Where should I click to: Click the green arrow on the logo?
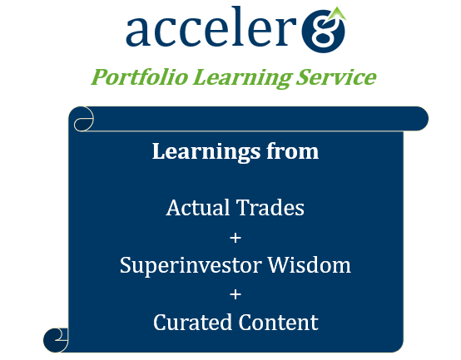click(337, 14)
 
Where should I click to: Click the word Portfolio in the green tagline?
click(139, 77)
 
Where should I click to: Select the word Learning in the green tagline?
click(242, 78)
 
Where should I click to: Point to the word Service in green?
click(336, 77)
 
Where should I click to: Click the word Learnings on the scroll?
click(206, 152)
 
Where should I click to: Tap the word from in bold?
click(293, 151)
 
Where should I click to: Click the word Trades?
click(270, 208)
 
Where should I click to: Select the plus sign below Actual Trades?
click(235, 238)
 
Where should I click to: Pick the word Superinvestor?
click(191, 265)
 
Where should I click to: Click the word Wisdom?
click(310, 265)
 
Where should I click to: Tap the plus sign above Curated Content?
click(235, 294)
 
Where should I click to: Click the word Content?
click(279, 322)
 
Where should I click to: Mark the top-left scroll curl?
click(83, 119)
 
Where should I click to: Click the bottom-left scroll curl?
click(56, 340)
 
